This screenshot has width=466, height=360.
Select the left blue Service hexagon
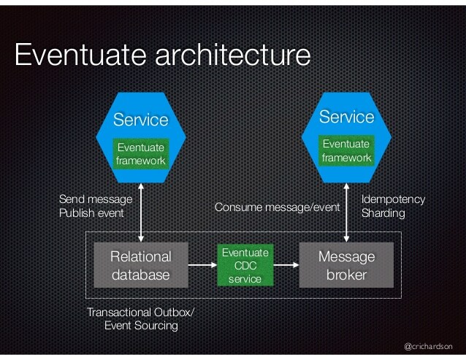tap(140, 117)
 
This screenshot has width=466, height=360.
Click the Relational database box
tap(140, 266)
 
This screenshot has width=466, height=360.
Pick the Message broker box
tap(347, 266)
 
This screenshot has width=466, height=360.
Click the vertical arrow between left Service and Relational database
tap(141, 211)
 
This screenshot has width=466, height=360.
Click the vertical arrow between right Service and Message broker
tap(347, 211)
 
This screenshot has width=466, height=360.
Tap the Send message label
tap(95, 199)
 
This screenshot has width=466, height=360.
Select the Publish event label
tap(91, 213)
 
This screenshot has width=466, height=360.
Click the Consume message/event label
tap(278, 207)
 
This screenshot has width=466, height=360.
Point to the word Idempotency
tap(393, 199)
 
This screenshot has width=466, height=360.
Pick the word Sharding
tap(383, 213)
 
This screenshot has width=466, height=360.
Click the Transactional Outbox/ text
tap(141, 313)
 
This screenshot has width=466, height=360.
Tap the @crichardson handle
tap(428, 346)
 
